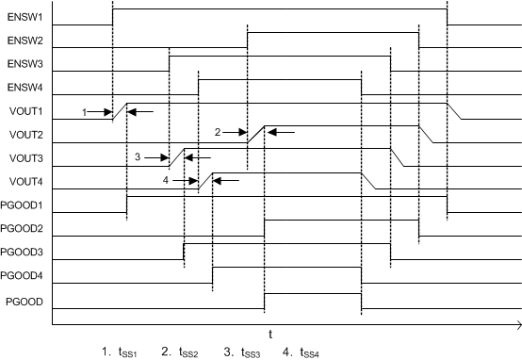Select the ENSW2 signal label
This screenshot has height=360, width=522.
coord(21,41)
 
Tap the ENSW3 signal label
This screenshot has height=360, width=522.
coord(21,64)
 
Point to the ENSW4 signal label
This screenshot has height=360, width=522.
coord(21,88)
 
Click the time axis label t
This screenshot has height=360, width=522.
coord(271,335)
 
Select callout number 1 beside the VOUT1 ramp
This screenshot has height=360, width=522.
coord(84,111)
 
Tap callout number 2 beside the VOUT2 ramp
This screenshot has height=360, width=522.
coord(218,132)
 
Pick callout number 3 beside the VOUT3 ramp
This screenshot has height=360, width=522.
coord(138,156)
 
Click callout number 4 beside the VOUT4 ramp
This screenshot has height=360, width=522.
coord(167,179)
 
